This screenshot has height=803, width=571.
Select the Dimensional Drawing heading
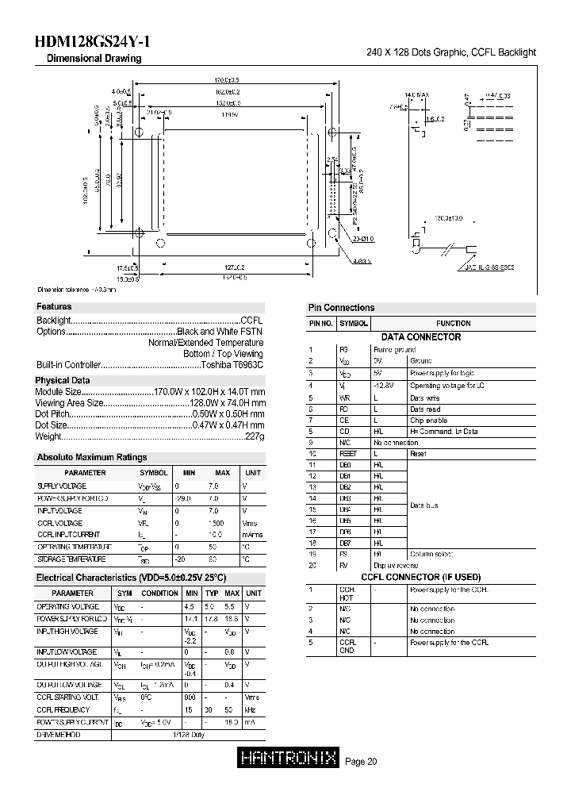click(x=94, y=59)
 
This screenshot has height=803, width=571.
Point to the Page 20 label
click(x=362, y=762)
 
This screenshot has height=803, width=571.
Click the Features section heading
click(x=54, y=306)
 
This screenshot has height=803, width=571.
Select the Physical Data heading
click(x=63, y=380)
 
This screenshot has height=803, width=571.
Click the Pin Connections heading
click(x=341, y=308)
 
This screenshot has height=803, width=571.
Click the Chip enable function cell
click(x=429, y=420)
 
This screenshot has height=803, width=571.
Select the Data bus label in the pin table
click(x=425, y=505)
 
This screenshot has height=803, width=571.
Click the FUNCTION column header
click(x=453, y=324)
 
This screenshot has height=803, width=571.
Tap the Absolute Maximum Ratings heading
click(x=92, y=457)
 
